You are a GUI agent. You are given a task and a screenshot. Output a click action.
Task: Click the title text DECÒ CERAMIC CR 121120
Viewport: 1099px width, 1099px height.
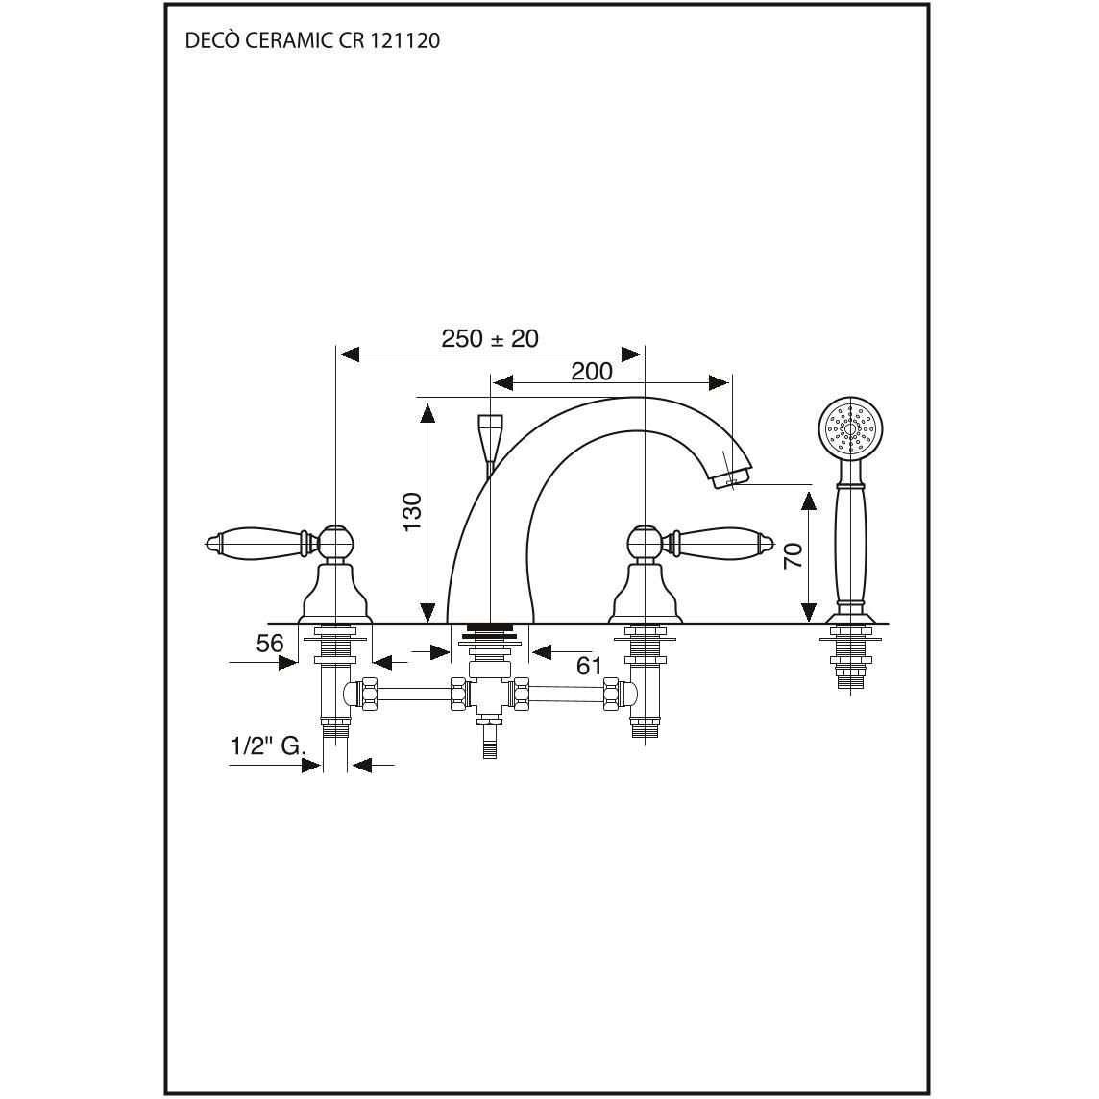(x=312, y=40)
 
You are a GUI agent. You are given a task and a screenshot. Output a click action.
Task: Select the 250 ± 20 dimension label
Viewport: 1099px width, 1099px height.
(x=490, y=338)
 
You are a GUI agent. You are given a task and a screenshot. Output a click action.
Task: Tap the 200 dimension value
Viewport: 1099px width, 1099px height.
(x=592, y=371)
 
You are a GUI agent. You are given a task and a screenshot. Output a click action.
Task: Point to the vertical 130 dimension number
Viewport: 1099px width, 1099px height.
(x=413, y=511)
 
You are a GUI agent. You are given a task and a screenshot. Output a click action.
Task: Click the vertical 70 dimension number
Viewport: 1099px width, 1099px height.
(x=793, y=556)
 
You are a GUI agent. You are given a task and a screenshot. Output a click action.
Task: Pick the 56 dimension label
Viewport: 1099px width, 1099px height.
(x=269, y=643)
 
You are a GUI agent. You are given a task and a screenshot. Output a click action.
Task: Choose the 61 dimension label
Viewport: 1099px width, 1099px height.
(x=589, y=665)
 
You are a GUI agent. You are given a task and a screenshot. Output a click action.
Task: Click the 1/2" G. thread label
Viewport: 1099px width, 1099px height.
(x=268, y=745)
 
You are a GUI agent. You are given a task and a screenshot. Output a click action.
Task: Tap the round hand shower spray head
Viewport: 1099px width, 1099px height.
(x=850, y=428)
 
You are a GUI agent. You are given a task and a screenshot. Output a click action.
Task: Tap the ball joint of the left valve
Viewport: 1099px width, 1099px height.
(x=335, y=542)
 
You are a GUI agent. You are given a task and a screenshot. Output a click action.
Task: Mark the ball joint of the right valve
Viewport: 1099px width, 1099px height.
(x=644, y=542)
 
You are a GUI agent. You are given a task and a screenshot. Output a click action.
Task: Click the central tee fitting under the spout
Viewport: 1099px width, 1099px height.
(x=490, y=695)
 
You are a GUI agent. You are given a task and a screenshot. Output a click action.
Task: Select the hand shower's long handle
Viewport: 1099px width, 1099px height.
(x=850, y=543)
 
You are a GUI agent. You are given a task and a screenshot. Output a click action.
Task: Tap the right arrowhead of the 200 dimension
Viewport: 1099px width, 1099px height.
(x=719, y=382)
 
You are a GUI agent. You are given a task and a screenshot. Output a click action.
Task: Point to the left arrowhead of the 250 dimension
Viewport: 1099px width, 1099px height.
(x=349, y=354)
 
